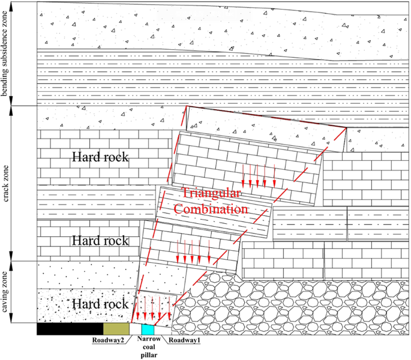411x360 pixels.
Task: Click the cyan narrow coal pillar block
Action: [x=148, y=329]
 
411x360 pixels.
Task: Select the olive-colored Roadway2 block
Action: [x=116, y=329]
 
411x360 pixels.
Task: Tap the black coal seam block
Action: [x=70, y=329]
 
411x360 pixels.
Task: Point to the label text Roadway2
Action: [x=108, y=341]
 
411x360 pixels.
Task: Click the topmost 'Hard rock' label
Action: [x=100, y=158]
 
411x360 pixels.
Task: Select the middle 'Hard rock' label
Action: [x=100, y=241]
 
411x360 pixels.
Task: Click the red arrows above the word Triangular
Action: [x=259, y=175]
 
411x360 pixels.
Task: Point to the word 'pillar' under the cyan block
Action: [x=148, y=354]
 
